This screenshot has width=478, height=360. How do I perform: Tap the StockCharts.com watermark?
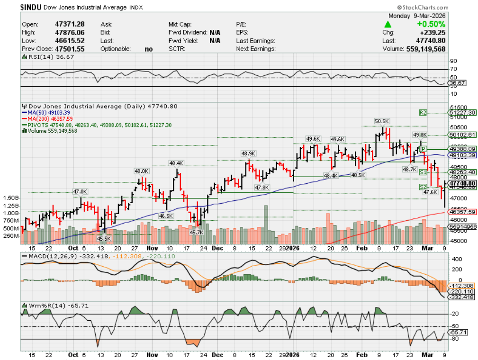pyautogui.click(x=423, y=8)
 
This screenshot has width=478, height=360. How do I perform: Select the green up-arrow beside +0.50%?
pyautogui.click(x=388, y=24)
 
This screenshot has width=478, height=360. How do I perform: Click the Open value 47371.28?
pyautogui.click(x=69, y=24)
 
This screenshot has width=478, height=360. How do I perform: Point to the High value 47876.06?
pyautogui.click(x=69, y=32)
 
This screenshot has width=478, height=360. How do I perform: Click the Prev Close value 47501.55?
pyautogui.click(x=69, y=49)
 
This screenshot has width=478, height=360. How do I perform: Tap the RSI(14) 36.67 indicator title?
pyautogui.click(x=47, y=57)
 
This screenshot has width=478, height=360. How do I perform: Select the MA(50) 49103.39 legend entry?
pyautogui.click(x=49, y=112)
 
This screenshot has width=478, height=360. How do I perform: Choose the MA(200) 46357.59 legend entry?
pyautogui.click(x=50, y=118)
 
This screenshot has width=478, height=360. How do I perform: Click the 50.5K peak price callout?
pyautogui.click(x=381, y=121)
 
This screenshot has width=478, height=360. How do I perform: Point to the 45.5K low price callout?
pyautogui.click(x=104, y=238)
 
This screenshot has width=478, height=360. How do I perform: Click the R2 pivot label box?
pyautogui.click(x=423, y=112)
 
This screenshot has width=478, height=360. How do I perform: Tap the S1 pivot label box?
pyautogui.click(x=423, y=172)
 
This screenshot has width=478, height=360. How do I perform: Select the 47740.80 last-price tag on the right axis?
pyautogui.click(x=462, y=183)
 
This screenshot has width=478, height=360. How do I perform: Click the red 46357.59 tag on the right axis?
pyautogui.click(x=462, y=212)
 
